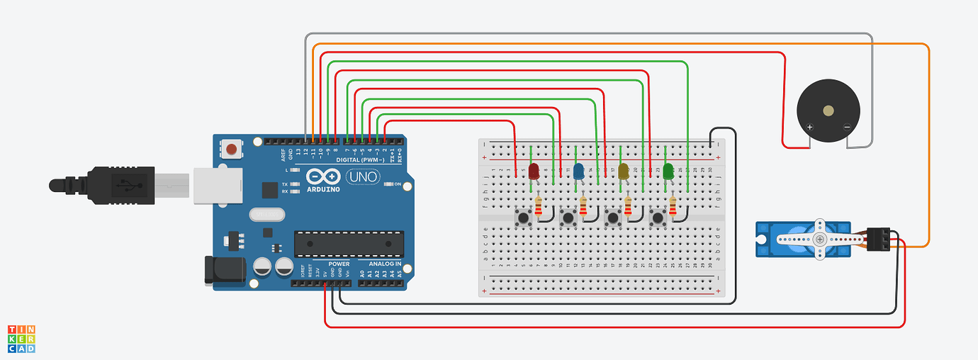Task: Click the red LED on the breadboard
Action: [x=534, y=171]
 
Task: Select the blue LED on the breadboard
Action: [x=578, y=171]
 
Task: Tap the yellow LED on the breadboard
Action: [x=624, y=171]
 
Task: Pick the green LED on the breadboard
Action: [x=668, y=171]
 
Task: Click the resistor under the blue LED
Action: [x=583, y=206]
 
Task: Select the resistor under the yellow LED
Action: [x=628, y=206]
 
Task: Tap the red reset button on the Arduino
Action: [x=231, y=150]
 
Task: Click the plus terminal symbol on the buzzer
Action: [x=809, y=128]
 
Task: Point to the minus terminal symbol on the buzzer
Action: [x=846, y=128]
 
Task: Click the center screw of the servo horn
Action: [x=820, y=239]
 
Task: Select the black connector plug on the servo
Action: [x=879, y=240]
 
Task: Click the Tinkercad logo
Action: [x=21, y=339]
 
